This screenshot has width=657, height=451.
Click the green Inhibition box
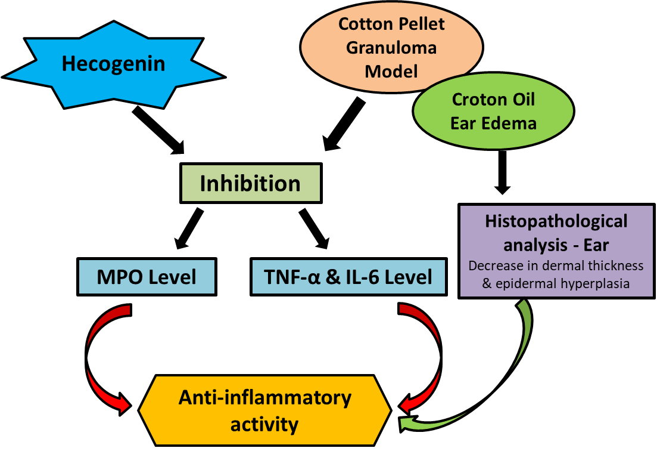[251, 183]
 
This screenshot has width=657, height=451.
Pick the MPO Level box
[147, 277]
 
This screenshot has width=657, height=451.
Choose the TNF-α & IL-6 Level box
[348, 277]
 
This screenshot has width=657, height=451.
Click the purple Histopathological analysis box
[556, 251]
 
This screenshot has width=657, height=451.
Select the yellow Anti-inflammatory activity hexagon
[265, 410]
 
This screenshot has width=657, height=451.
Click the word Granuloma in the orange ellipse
[392, 47]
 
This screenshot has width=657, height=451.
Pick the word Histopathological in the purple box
[556, 221]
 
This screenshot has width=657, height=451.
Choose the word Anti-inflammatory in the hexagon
[265, 397]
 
